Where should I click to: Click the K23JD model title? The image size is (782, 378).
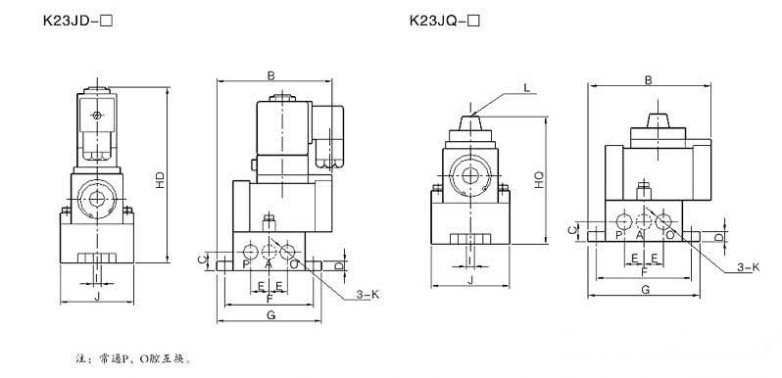coord(74,22)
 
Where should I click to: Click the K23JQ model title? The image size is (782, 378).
coord(445,21)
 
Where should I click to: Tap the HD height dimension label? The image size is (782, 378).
coord(160,180)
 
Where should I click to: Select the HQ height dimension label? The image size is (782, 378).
coord(539,180)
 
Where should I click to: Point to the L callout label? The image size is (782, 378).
coord(526,88)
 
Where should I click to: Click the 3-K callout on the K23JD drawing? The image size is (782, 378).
coord(367,295)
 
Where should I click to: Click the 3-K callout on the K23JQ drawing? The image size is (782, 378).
coord(748,267)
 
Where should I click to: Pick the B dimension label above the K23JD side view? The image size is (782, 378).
coord(270,75)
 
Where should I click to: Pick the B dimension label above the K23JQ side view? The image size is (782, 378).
coord(648,79)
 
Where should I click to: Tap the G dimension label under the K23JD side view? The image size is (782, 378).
coord(270,315)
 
